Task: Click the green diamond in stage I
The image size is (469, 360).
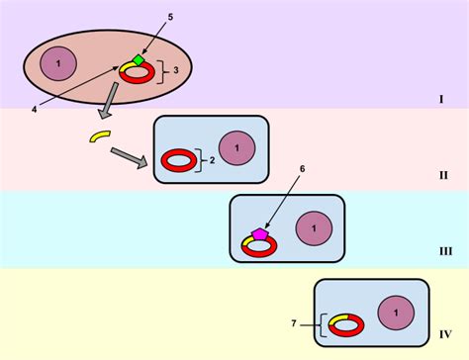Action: click(139, 60)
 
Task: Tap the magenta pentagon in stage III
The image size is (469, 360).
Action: click(260, 233)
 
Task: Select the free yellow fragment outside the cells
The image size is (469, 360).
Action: click(99, 135)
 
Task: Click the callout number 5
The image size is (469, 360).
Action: click(169, 18)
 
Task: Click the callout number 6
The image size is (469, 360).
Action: click(274, 168)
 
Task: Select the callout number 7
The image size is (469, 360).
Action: click(293, 323)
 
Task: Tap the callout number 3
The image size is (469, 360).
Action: click(176, 70)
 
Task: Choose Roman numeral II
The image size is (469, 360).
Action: click(443, 175)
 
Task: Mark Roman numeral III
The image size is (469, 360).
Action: click(445, 251)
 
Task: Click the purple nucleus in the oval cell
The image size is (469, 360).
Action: click(58, 64)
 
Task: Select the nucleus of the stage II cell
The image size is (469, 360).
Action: click(236, 147)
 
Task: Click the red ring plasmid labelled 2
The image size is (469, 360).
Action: click(179, 158)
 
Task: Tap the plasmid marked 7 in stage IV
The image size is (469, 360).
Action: click(345, 323)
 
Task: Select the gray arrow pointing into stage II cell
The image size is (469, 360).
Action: click(129, 156)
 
